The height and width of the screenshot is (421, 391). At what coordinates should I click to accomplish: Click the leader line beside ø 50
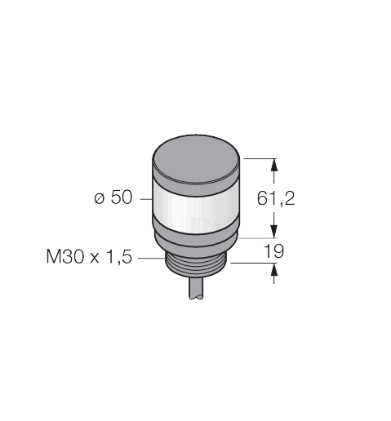pyautogui.click(x=144, y=199)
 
